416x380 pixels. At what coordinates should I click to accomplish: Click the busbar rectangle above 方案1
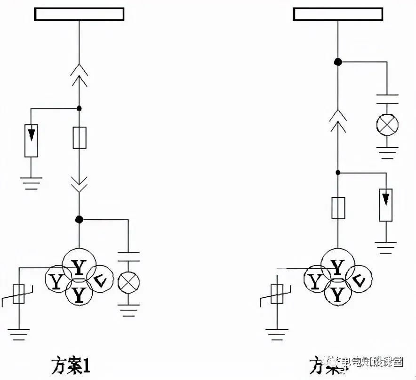[79, 14]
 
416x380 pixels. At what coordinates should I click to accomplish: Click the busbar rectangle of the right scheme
[338, 14]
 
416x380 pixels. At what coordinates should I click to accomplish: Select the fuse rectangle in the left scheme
[79, 138]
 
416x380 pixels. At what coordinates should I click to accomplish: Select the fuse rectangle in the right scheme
[338, 208]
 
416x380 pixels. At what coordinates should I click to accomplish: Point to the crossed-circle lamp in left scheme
[128, 282]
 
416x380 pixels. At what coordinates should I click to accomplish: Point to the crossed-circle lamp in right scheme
[387, 125]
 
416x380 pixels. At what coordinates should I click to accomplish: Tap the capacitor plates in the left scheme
[128, 256]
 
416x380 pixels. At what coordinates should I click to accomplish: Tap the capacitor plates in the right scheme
[387, 99]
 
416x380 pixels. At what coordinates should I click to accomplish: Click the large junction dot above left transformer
[79, 219]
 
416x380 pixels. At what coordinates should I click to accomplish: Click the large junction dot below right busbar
[337, 61]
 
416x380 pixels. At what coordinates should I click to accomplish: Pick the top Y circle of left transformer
[79, 265]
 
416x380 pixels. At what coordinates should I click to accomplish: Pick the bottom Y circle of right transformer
[337, 295]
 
